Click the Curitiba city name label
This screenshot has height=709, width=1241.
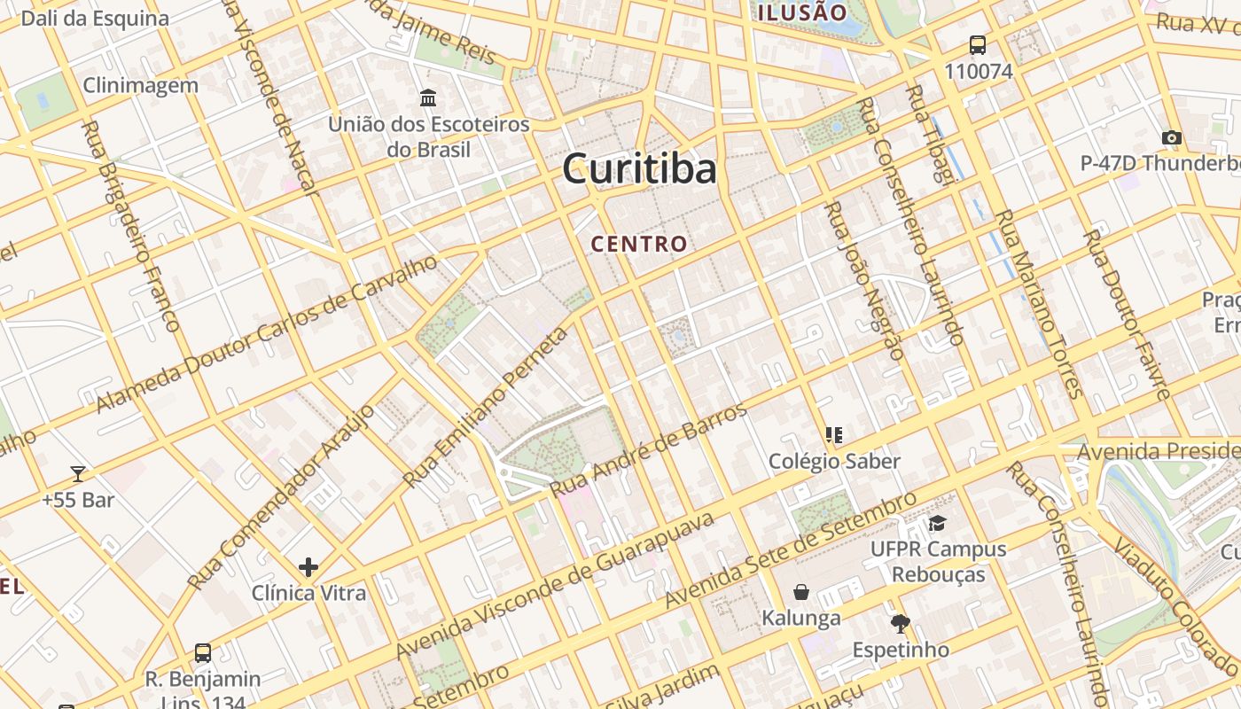coord(639,168)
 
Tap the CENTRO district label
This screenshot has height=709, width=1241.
coord(639,244)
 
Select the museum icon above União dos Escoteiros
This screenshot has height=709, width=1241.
coord(428,97)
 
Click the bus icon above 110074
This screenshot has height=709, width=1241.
coord(978,44)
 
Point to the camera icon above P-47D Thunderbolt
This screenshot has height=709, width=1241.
coord(1172,137)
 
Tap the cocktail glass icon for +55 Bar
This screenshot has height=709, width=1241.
coord(78,474)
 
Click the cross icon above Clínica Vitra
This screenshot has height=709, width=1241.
coord(308,566)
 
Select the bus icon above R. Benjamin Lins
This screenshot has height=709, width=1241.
coord(203,653)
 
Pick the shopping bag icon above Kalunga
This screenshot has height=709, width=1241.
coord(801,591)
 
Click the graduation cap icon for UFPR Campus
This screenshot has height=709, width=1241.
coord(938,523)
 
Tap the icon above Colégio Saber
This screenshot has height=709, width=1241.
coord(834,434)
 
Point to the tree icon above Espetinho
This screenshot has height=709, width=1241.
coord(901,623)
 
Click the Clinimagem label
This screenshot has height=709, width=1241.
coord(140,85)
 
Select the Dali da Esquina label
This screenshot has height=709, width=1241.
coord(94,18)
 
